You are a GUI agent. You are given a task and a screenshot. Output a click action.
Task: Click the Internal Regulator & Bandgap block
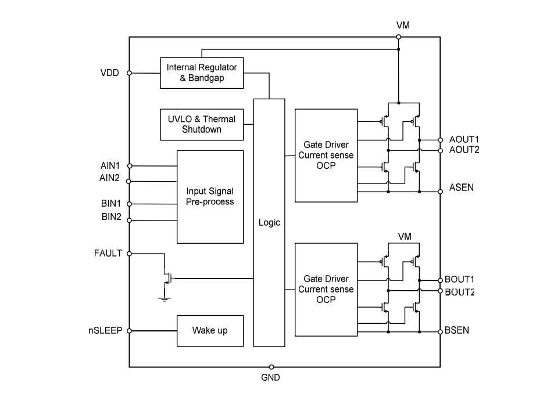coord(202,73)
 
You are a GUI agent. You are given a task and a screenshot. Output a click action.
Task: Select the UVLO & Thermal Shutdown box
coord(202,124)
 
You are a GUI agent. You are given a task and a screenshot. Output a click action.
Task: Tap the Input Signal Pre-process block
coord(210,197)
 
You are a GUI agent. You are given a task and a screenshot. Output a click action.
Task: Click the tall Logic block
coord(269,222)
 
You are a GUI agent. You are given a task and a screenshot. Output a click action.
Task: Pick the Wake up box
coord(210,331)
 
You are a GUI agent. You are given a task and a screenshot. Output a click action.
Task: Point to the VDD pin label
coord(109,73)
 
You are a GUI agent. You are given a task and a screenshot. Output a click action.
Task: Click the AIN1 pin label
coord(110,166)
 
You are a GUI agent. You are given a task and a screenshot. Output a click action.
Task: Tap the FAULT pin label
coord(108,254)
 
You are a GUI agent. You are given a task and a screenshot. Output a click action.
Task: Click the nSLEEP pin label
coord(105,331)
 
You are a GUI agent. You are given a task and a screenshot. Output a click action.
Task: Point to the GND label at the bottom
coord(270,378)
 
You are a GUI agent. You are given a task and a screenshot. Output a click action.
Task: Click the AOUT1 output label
coord(464,140)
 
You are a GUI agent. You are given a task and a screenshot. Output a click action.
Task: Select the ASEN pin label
coord(462,188)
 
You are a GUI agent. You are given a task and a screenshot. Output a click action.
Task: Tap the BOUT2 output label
coord(460,292)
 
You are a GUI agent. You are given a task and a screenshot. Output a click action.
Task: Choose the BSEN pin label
coord(457,331)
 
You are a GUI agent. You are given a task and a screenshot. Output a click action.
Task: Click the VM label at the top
coord(403,26)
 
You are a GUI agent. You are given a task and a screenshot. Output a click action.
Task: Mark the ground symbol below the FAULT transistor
coord(165,299)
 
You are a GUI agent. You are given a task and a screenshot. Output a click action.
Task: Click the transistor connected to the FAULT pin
coord(168,278)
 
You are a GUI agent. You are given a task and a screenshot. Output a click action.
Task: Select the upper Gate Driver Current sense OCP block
coord(326,156)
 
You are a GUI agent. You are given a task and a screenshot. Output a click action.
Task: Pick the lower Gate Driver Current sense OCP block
coord(326,289)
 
